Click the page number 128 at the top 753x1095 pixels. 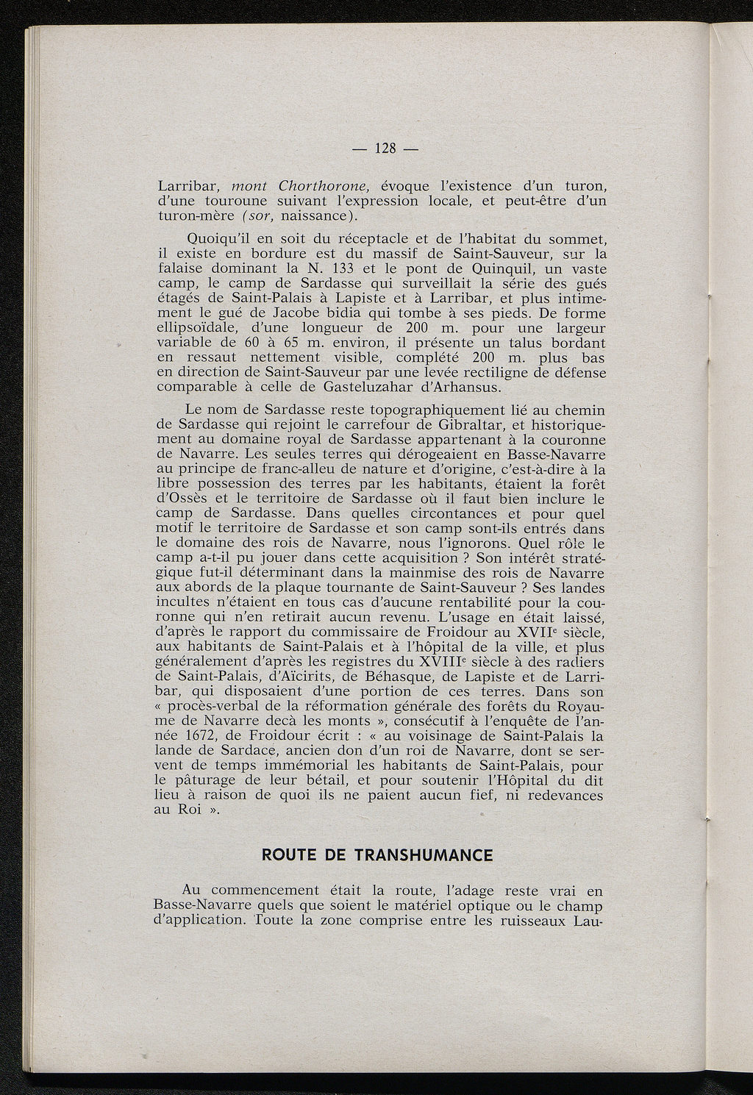[x=386, y=148]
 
